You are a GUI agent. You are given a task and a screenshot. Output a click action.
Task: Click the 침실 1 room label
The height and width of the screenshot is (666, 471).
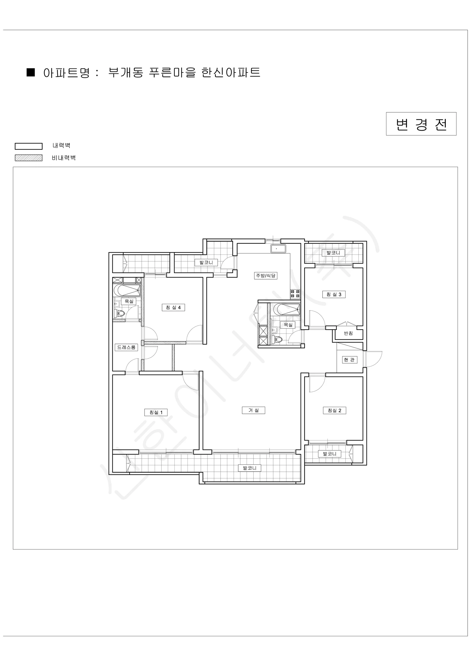[x=156, y=412]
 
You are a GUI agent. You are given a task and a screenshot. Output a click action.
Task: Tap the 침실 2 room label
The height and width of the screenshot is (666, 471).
[x=335, y=410]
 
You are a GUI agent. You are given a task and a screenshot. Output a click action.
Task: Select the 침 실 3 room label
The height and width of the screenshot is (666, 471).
[x=334, y=294]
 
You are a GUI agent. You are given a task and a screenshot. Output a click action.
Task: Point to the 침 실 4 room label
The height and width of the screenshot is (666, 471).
[x=173, y=307]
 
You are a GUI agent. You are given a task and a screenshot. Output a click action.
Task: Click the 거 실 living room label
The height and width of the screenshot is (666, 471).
[x=254, y=410]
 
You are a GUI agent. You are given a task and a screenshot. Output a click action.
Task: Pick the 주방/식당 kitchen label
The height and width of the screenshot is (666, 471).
[x=266, y=276]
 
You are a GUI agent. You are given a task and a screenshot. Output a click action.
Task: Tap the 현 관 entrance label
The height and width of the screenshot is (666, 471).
[x=349, y=360]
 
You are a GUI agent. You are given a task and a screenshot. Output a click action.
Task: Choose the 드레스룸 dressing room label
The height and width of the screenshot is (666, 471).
[x=126, y=347]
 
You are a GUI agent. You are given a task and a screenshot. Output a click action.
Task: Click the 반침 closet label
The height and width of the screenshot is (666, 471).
[x=348, y=333]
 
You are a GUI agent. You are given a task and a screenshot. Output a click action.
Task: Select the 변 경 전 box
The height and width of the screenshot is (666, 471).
[x=421, y=124]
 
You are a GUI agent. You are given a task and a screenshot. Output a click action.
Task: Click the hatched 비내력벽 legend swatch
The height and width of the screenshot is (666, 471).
[x=29, y=158]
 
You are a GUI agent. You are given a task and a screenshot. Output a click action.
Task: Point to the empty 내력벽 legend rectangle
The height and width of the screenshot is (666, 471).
[x=29, y=146]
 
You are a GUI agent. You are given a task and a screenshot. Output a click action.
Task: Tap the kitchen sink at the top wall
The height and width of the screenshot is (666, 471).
[x=278, y=249]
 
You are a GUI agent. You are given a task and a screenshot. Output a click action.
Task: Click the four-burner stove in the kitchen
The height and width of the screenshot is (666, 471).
[x=295, y=294]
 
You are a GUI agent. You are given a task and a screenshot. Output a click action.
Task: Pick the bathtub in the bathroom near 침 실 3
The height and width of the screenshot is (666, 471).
[x=287, y=309]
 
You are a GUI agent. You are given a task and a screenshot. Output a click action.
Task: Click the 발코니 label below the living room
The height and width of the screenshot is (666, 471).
[x=249, y=468]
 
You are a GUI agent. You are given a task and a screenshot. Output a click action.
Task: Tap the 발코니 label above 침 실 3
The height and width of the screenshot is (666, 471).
[x=333, y=253]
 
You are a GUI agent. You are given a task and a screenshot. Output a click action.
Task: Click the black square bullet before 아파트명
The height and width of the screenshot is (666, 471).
[x=31, y=72]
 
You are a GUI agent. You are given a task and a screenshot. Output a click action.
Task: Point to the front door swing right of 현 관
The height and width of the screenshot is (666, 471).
[x=373, y=359]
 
